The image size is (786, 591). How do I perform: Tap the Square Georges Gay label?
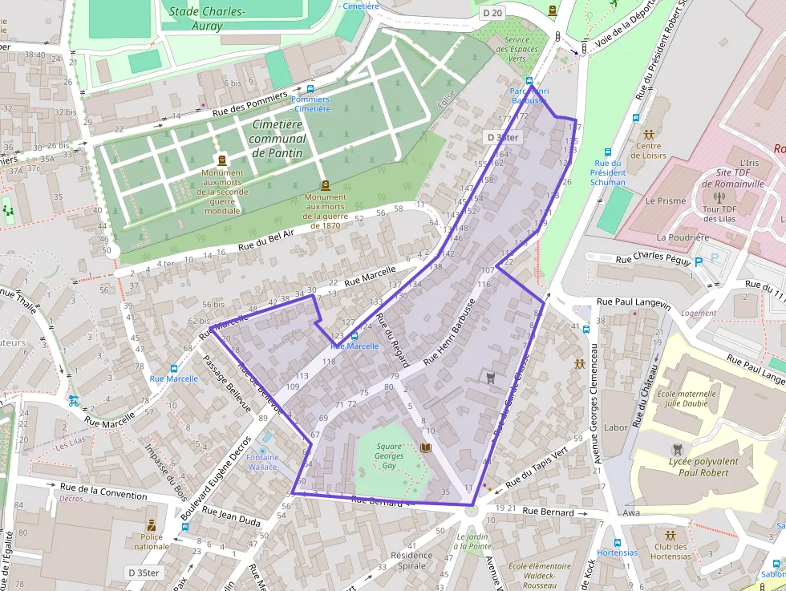click(389, 455)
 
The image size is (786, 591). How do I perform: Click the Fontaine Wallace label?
click(262, 462)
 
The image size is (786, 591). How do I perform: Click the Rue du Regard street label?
click(395, 343)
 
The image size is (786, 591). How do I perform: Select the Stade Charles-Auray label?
click(207, 18)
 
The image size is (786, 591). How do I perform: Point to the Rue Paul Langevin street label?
click(634, 302)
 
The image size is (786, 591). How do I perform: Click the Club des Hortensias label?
click(671, 551)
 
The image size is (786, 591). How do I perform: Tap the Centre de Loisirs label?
click(648, 151)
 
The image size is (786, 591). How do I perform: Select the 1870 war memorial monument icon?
click(325, 185)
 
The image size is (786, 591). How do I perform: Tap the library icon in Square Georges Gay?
click(425, 447)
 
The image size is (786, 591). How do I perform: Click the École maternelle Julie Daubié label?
click(691, 399)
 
